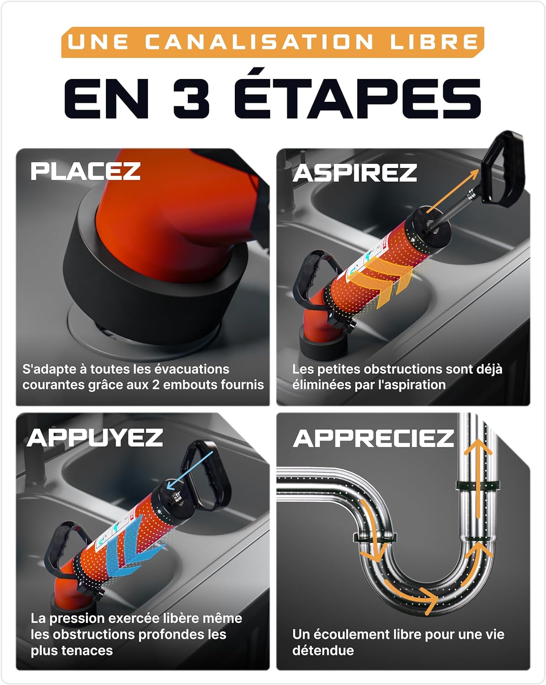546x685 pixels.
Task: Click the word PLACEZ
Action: click(x=85, y=171)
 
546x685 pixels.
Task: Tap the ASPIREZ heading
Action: click(x=355, y=173)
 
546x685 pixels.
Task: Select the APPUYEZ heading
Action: click(x=95, y=437)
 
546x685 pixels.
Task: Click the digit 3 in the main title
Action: click(x=191, y=98)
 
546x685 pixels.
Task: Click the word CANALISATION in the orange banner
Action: click(x=259, y=42)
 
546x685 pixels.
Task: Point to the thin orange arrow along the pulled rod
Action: click(x=453, y=191)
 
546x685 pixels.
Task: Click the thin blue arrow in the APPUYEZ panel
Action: click(x=190, y=470)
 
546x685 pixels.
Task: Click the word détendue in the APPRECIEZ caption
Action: click(x=323, y=651)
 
